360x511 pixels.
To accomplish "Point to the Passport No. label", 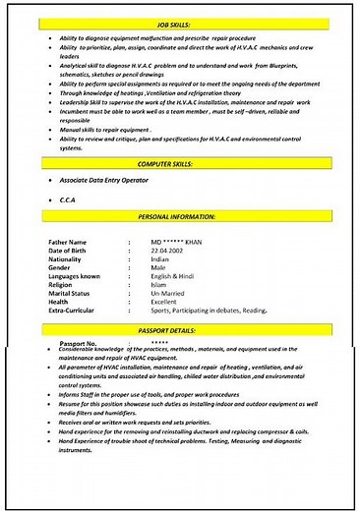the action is (x=77, y=343).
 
